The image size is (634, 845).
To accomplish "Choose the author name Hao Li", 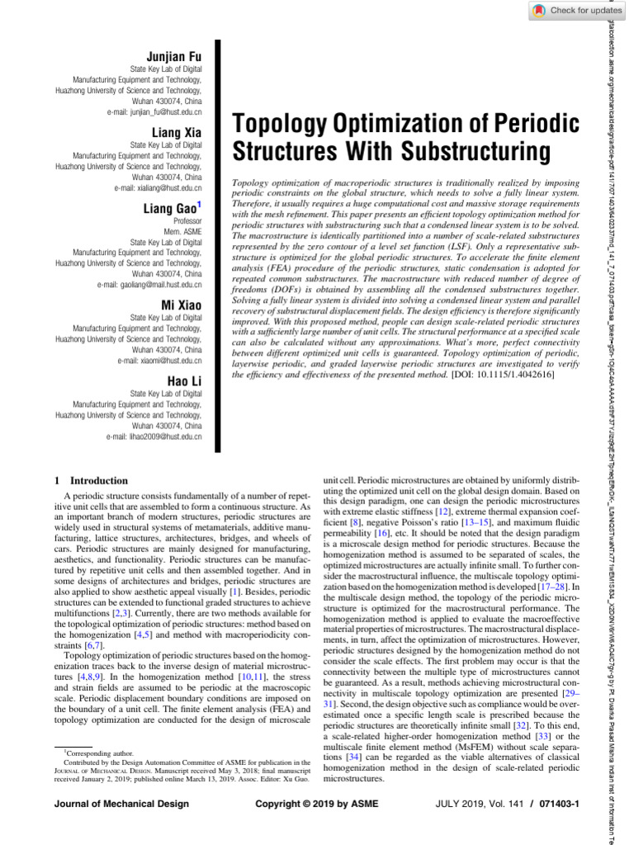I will pos(184,381).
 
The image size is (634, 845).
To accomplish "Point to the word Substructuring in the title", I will pos(475,153).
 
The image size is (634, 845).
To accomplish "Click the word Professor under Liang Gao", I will pos(187,222).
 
